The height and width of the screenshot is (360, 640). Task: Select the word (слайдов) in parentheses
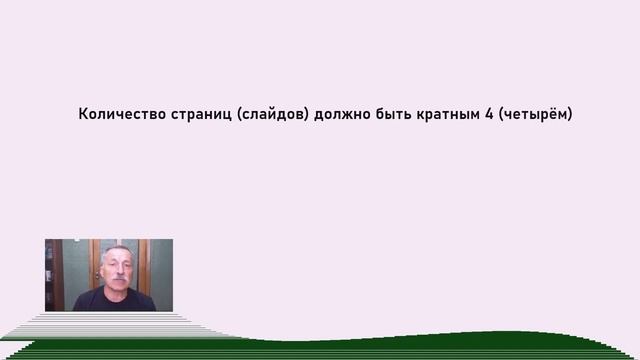coord(273,115)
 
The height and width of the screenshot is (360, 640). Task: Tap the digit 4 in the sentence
coord(490,115)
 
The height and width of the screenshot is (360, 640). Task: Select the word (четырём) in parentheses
coord(535,115)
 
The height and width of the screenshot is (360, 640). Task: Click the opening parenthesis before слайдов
coord(241,115)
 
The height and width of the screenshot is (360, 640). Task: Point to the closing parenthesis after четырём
coord(569,115)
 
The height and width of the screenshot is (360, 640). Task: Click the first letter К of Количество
coord(83,115)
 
